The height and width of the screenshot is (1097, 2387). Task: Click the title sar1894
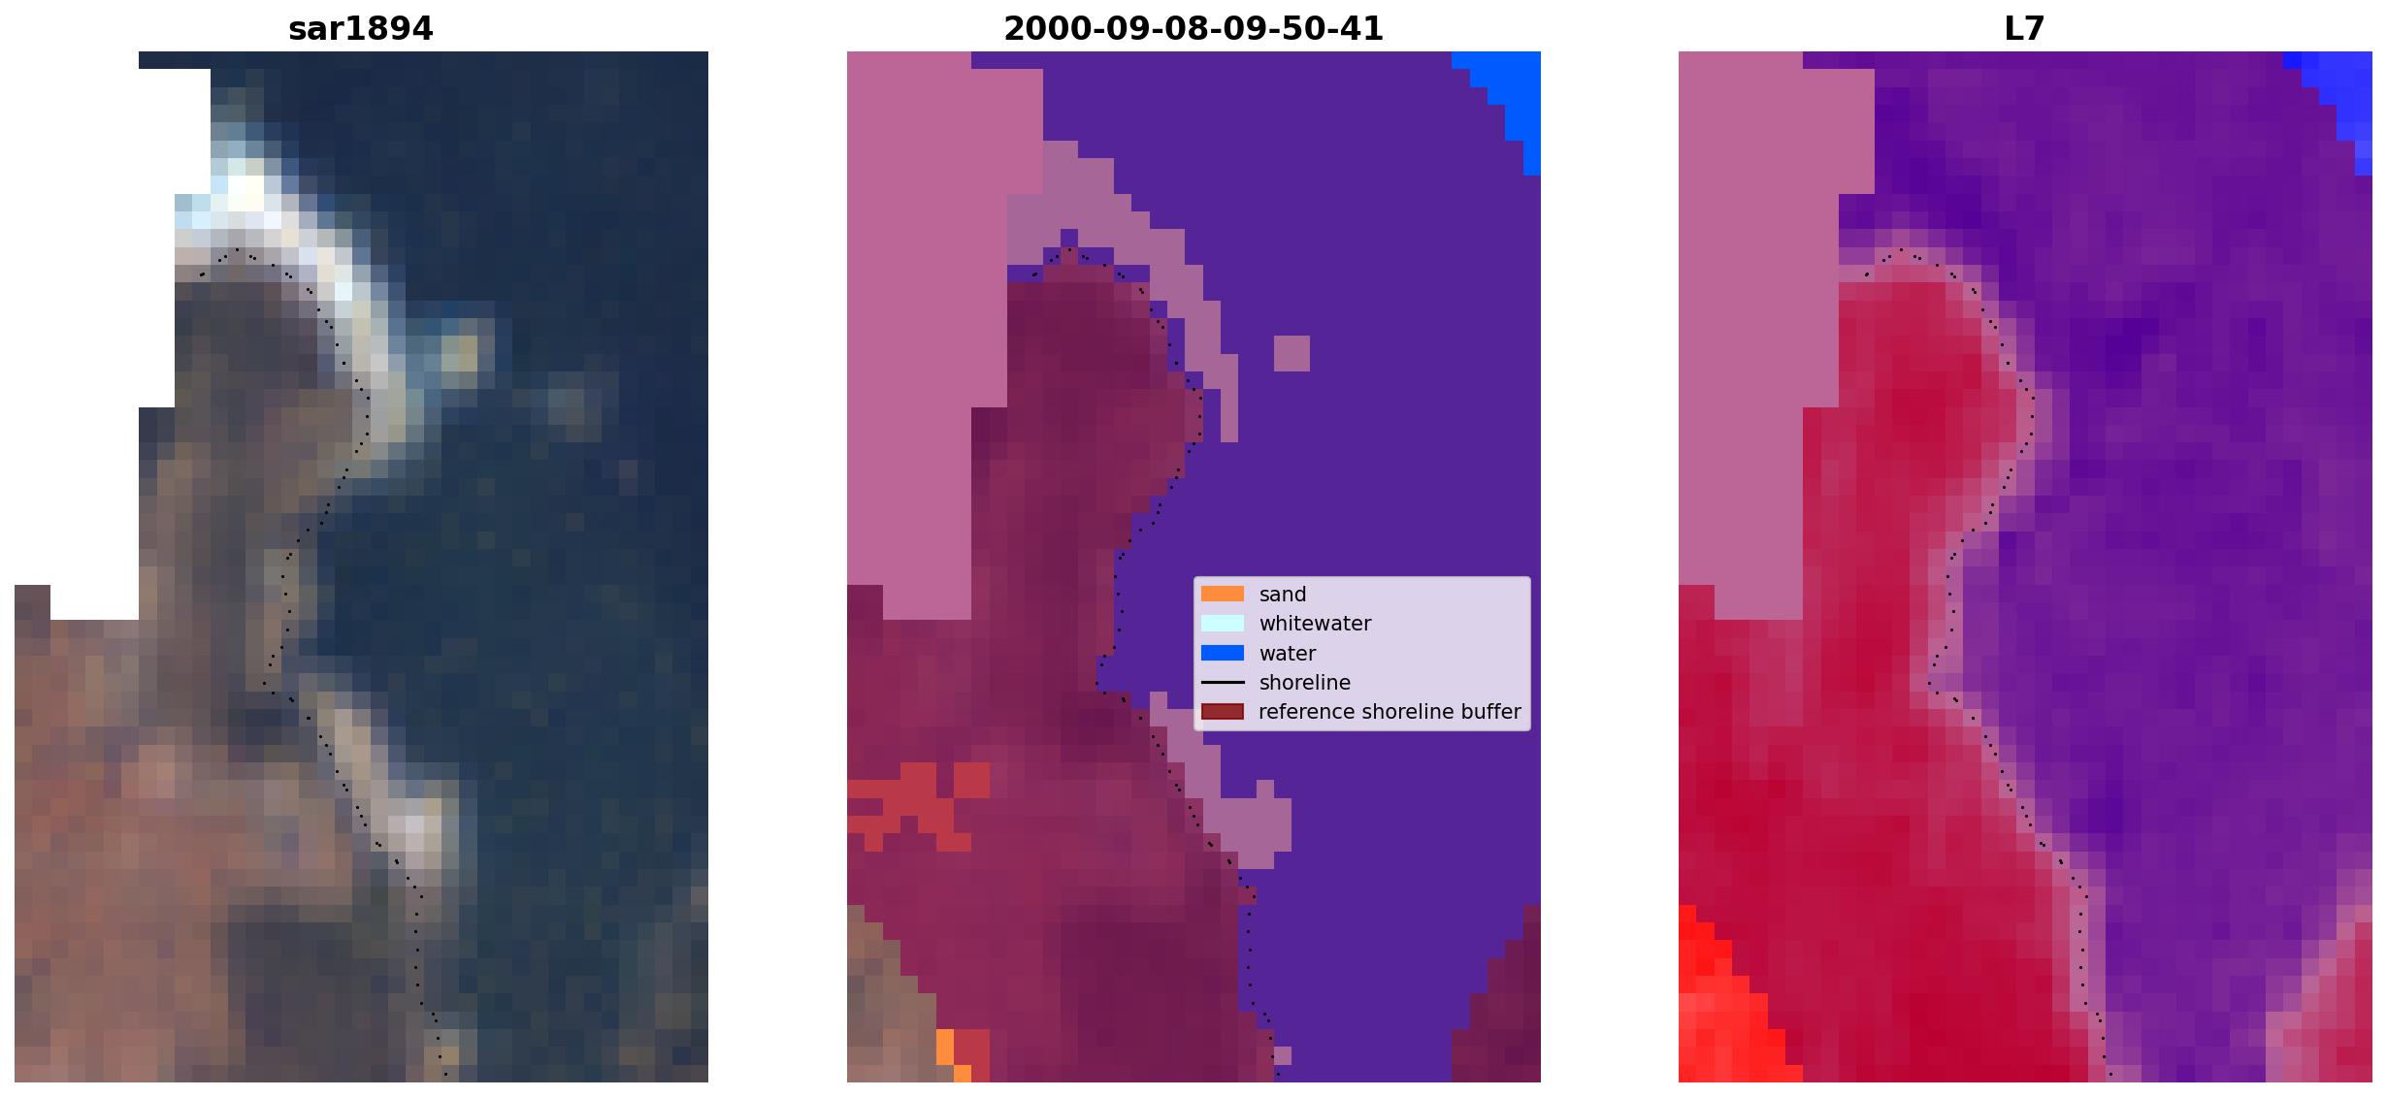pyautogui.click(x=360, y=29)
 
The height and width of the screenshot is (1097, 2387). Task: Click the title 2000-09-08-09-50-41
pyautogui.click(x=1193, y=29)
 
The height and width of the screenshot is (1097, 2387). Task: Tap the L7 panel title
pyautogui.click(x=2024, y=29)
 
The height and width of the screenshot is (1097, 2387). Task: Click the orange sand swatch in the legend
pyautogui.click(x=1223, y=594)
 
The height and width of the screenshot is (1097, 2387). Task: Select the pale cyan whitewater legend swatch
pyautogui.click(x=1223, y=623)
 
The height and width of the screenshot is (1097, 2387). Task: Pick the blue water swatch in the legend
pyautogui.click(x=1223, y=653)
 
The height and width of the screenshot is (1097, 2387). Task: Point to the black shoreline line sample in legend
pyautogui.click(x=1223, y=682)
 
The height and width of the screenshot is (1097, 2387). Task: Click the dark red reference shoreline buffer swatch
pyautogui.click(x=1223, y=712)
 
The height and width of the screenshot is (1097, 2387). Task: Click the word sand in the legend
pyautogui.click(x=1283, y=595)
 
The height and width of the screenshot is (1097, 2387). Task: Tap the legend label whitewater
pyautogui.click(x=1315, y=624)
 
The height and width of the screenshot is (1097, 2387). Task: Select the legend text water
pyautogui.click(x=1288, y=654)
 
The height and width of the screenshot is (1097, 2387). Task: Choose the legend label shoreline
pyautogui.click(x=1305, y=683)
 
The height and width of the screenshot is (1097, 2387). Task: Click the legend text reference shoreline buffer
pyautogui.click(x=1390, y=712)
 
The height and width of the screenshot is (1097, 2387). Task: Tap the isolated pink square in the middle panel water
pyautogui.click(x=1292, y=353)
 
